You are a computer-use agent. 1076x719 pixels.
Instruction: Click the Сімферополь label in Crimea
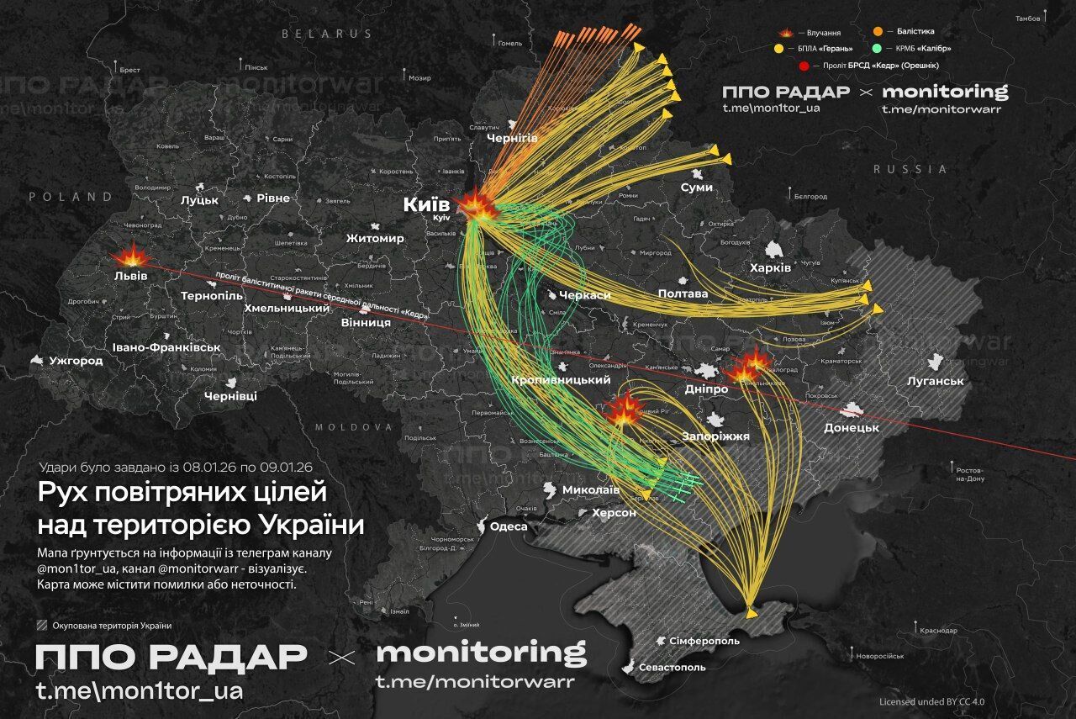(704, 641)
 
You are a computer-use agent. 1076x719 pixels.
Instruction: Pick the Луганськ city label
(935, 381)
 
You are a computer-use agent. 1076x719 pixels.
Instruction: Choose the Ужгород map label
(76, 361)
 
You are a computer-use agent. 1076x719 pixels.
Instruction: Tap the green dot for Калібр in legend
(900, 48)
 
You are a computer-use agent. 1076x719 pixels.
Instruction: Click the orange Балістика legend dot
(900, 32)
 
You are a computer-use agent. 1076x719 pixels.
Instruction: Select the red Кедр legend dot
(804, 65)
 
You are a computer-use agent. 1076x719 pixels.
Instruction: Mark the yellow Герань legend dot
(788, 48)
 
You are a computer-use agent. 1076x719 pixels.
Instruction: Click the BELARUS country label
(326, 34)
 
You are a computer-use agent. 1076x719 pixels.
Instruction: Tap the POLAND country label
(71, 197)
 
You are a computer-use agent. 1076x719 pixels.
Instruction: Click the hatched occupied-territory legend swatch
(42, 625)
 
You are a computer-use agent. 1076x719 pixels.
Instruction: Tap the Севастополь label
(672, 667)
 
